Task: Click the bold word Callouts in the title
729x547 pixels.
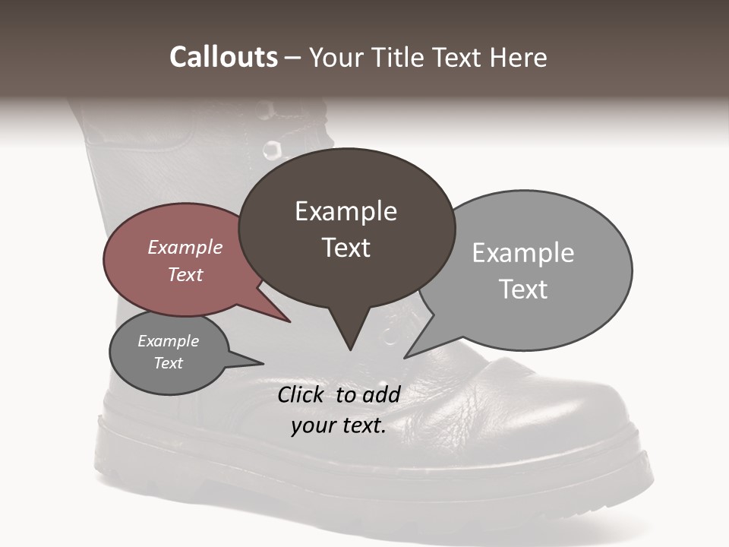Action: click(x=223, y=58)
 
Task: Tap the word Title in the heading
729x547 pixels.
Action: click(x=399, y=58)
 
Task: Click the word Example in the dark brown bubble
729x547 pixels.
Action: click(x=346, y=211)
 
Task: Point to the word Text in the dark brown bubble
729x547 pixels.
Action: click(x=346, y=248)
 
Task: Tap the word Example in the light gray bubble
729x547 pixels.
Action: click(x=523, y=253)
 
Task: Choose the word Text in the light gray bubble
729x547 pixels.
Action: click(x=523, y=289)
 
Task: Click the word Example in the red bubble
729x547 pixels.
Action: click(x=185, y=247)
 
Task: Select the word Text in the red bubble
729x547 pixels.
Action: click(x=185, y=274)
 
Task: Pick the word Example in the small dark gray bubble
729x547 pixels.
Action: click(x=169, y=341)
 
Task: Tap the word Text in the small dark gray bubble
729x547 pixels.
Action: click(x=169, y=363)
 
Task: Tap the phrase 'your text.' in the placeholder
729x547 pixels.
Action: click(x=339, y=425)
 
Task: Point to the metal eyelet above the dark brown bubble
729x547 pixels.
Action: click(x=272, y=150)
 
